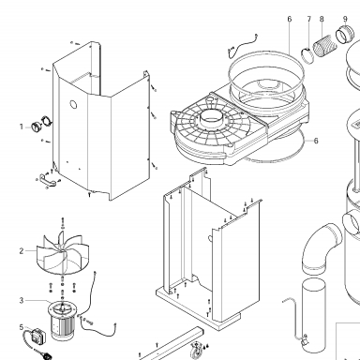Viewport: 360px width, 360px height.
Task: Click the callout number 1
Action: coord(22,127)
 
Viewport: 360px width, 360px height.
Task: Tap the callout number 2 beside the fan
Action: coord(22,251)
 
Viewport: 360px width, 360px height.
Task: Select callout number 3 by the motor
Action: coord(22,301)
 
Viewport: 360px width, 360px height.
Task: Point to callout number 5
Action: coord(22,327)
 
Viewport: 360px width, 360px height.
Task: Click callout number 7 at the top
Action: coord(309,19)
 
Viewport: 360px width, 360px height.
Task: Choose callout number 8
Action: coord(322,19)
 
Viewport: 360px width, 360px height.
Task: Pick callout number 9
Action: coord(345,19)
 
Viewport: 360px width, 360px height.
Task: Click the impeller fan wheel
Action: coord(63,253)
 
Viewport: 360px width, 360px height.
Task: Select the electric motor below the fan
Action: coord(62,321)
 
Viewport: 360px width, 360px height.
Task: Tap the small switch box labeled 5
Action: coord(38,336)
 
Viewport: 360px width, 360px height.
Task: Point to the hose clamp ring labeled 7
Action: coord(307,55)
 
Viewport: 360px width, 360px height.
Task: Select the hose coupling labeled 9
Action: coord(345,35)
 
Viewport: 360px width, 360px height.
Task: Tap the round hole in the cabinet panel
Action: coord(73,104)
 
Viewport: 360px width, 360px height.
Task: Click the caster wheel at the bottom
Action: coord(196,350)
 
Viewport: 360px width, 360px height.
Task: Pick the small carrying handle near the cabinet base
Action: coord(48,179)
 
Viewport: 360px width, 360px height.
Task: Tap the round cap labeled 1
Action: coord(36,127)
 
